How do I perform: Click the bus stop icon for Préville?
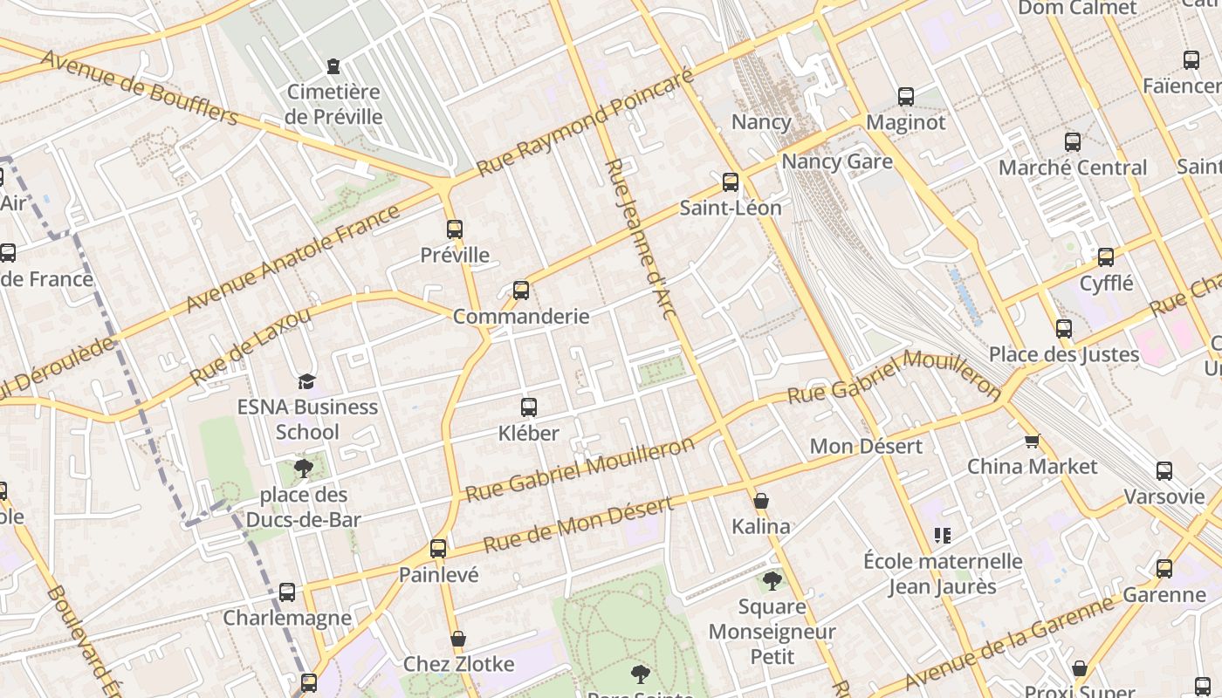454,229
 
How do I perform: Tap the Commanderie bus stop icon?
521,291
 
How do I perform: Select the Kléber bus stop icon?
528,407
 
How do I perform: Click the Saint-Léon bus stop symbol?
731,182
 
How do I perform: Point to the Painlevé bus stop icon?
438,549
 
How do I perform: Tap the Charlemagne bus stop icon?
287,592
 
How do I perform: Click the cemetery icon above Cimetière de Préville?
333,66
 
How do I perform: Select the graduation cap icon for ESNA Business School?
306,381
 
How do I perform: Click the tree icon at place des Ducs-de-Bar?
304,469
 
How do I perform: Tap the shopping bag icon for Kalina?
761,501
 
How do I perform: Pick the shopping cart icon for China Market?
1032,441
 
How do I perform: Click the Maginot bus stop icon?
905,97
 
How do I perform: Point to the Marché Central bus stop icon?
1072,142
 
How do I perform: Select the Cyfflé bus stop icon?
1106,257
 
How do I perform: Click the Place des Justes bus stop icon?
1063,329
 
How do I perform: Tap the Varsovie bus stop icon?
1164,471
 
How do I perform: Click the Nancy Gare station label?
836,161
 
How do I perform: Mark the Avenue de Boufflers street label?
140,87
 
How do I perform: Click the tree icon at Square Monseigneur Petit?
772,581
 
